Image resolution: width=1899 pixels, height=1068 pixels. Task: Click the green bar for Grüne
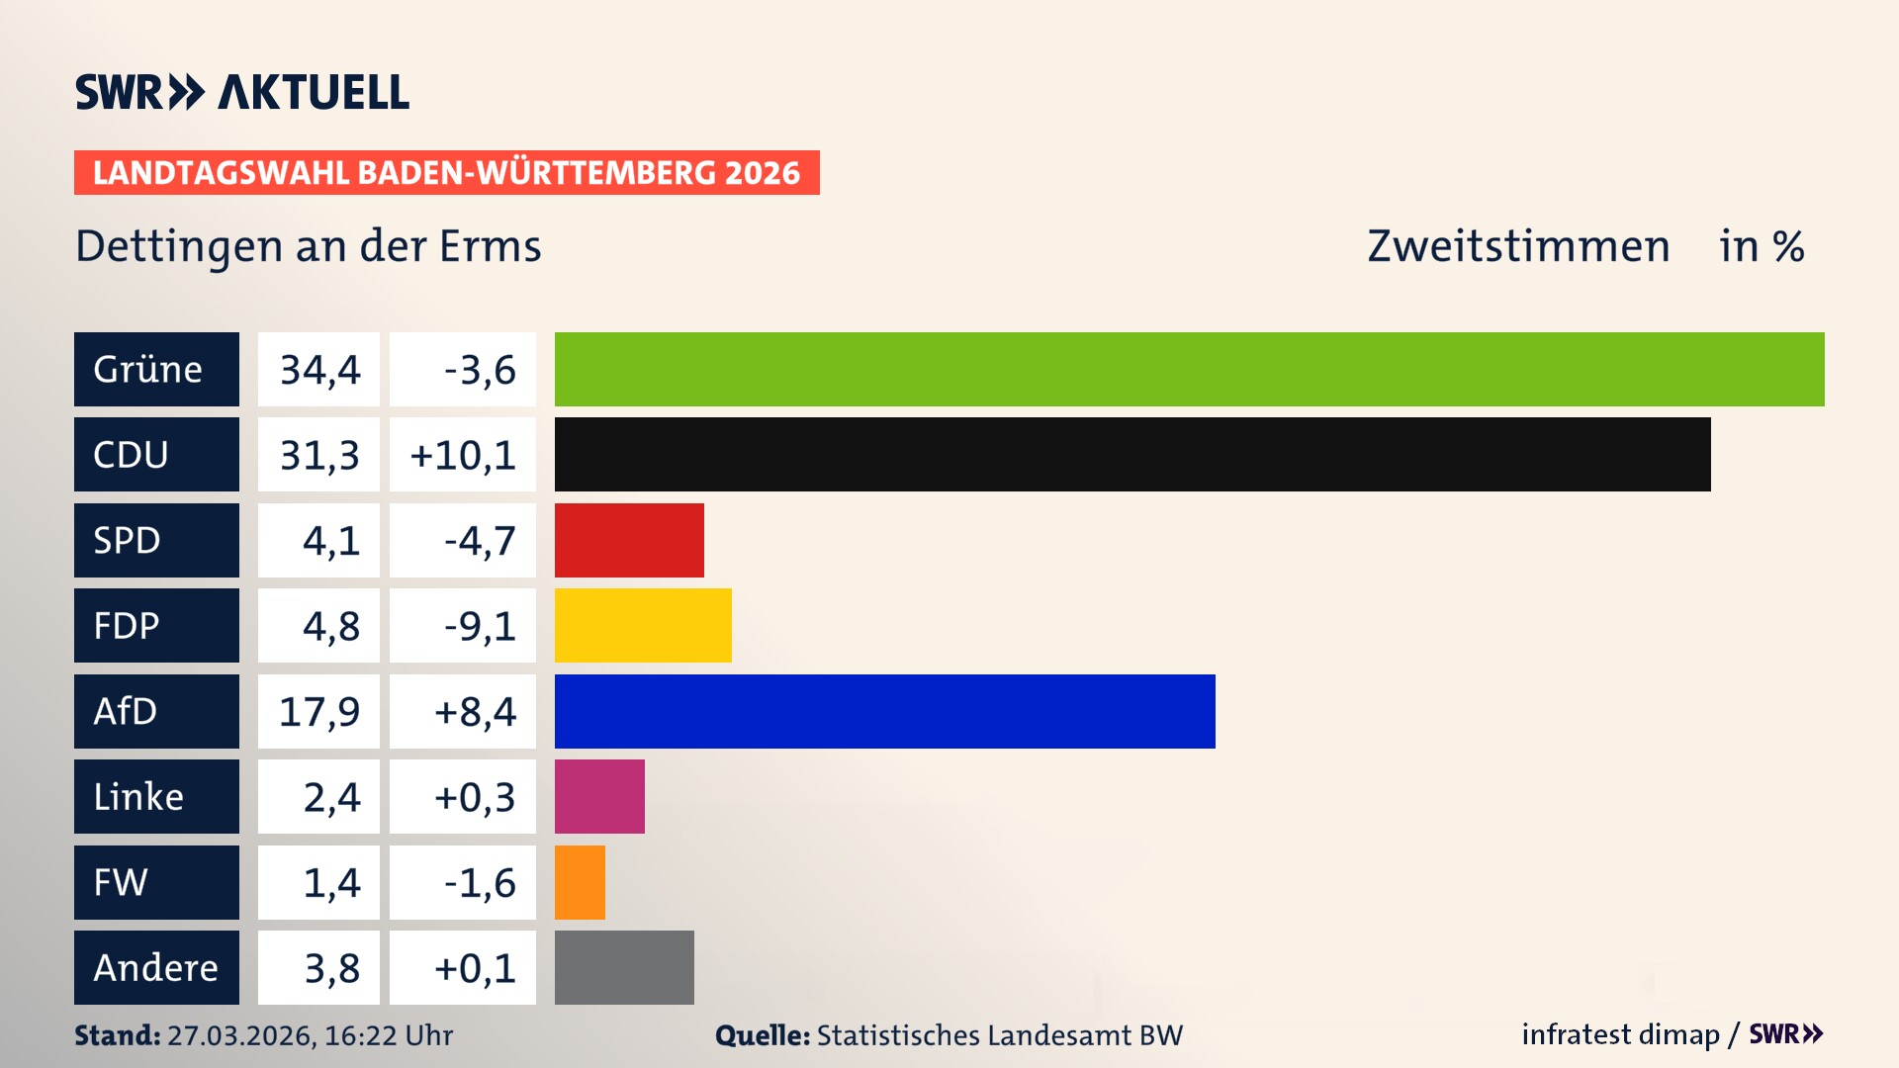pos(1189,369)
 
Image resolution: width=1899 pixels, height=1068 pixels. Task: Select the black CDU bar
pos(1132,454)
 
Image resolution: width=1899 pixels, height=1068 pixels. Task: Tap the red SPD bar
pos(629,540)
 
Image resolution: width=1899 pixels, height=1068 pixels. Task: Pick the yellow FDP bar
pos(643,625)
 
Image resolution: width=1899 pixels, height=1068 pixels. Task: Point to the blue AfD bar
pos(884,711)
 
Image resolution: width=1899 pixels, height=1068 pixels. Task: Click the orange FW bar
pos(580,882)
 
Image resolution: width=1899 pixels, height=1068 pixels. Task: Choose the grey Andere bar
pos(624,967)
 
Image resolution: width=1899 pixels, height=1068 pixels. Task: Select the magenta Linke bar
pos(599,796)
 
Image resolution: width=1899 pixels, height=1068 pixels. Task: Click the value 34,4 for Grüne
pos(318,369)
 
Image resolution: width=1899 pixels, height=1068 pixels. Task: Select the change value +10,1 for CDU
pos(463,455)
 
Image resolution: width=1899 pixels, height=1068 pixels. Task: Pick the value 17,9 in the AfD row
pos(318,711)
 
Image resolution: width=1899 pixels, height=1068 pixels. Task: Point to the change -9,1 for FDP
pos(479,625)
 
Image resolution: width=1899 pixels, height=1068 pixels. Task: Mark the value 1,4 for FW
pos(330,882)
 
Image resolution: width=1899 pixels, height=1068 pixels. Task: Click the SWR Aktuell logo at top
pos(241,92)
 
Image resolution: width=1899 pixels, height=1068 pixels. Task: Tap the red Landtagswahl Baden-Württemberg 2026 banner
pos(446,172)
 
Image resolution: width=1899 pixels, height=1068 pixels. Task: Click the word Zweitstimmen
pos(1518,246)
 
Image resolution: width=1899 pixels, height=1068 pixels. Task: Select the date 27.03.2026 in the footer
pos(240,1035)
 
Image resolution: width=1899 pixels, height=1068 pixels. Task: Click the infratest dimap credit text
pos(1620,1034)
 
